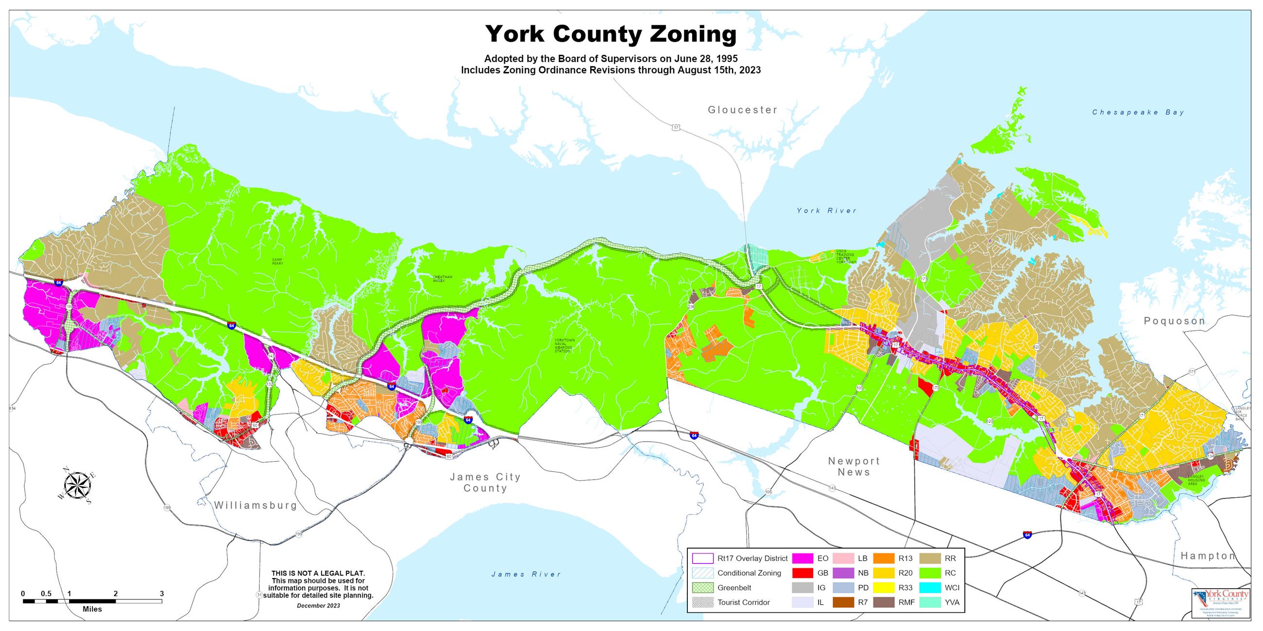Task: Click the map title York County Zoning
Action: (x=611, y=34)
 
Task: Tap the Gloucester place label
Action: (x=742, y=110)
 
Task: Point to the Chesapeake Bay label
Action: (x=1138, y=112)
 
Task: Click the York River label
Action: (x=827, y=211)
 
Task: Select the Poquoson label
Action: (x=1174, y=321)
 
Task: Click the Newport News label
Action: (x=853, y=466)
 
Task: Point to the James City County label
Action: (x=485, y=482)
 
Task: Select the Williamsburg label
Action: (x=256, y=505)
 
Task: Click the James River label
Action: (x=526, y=574)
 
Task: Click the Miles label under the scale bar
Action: (x=92, y=609)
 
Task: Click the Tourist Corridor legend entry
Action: (x=743, y=602)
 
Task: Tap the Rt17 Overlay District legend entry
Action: (x=751, y=558)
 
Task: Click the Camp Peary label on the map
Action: (x=277, y=261)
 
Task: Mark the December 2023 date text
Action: (x=318, y=606)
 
